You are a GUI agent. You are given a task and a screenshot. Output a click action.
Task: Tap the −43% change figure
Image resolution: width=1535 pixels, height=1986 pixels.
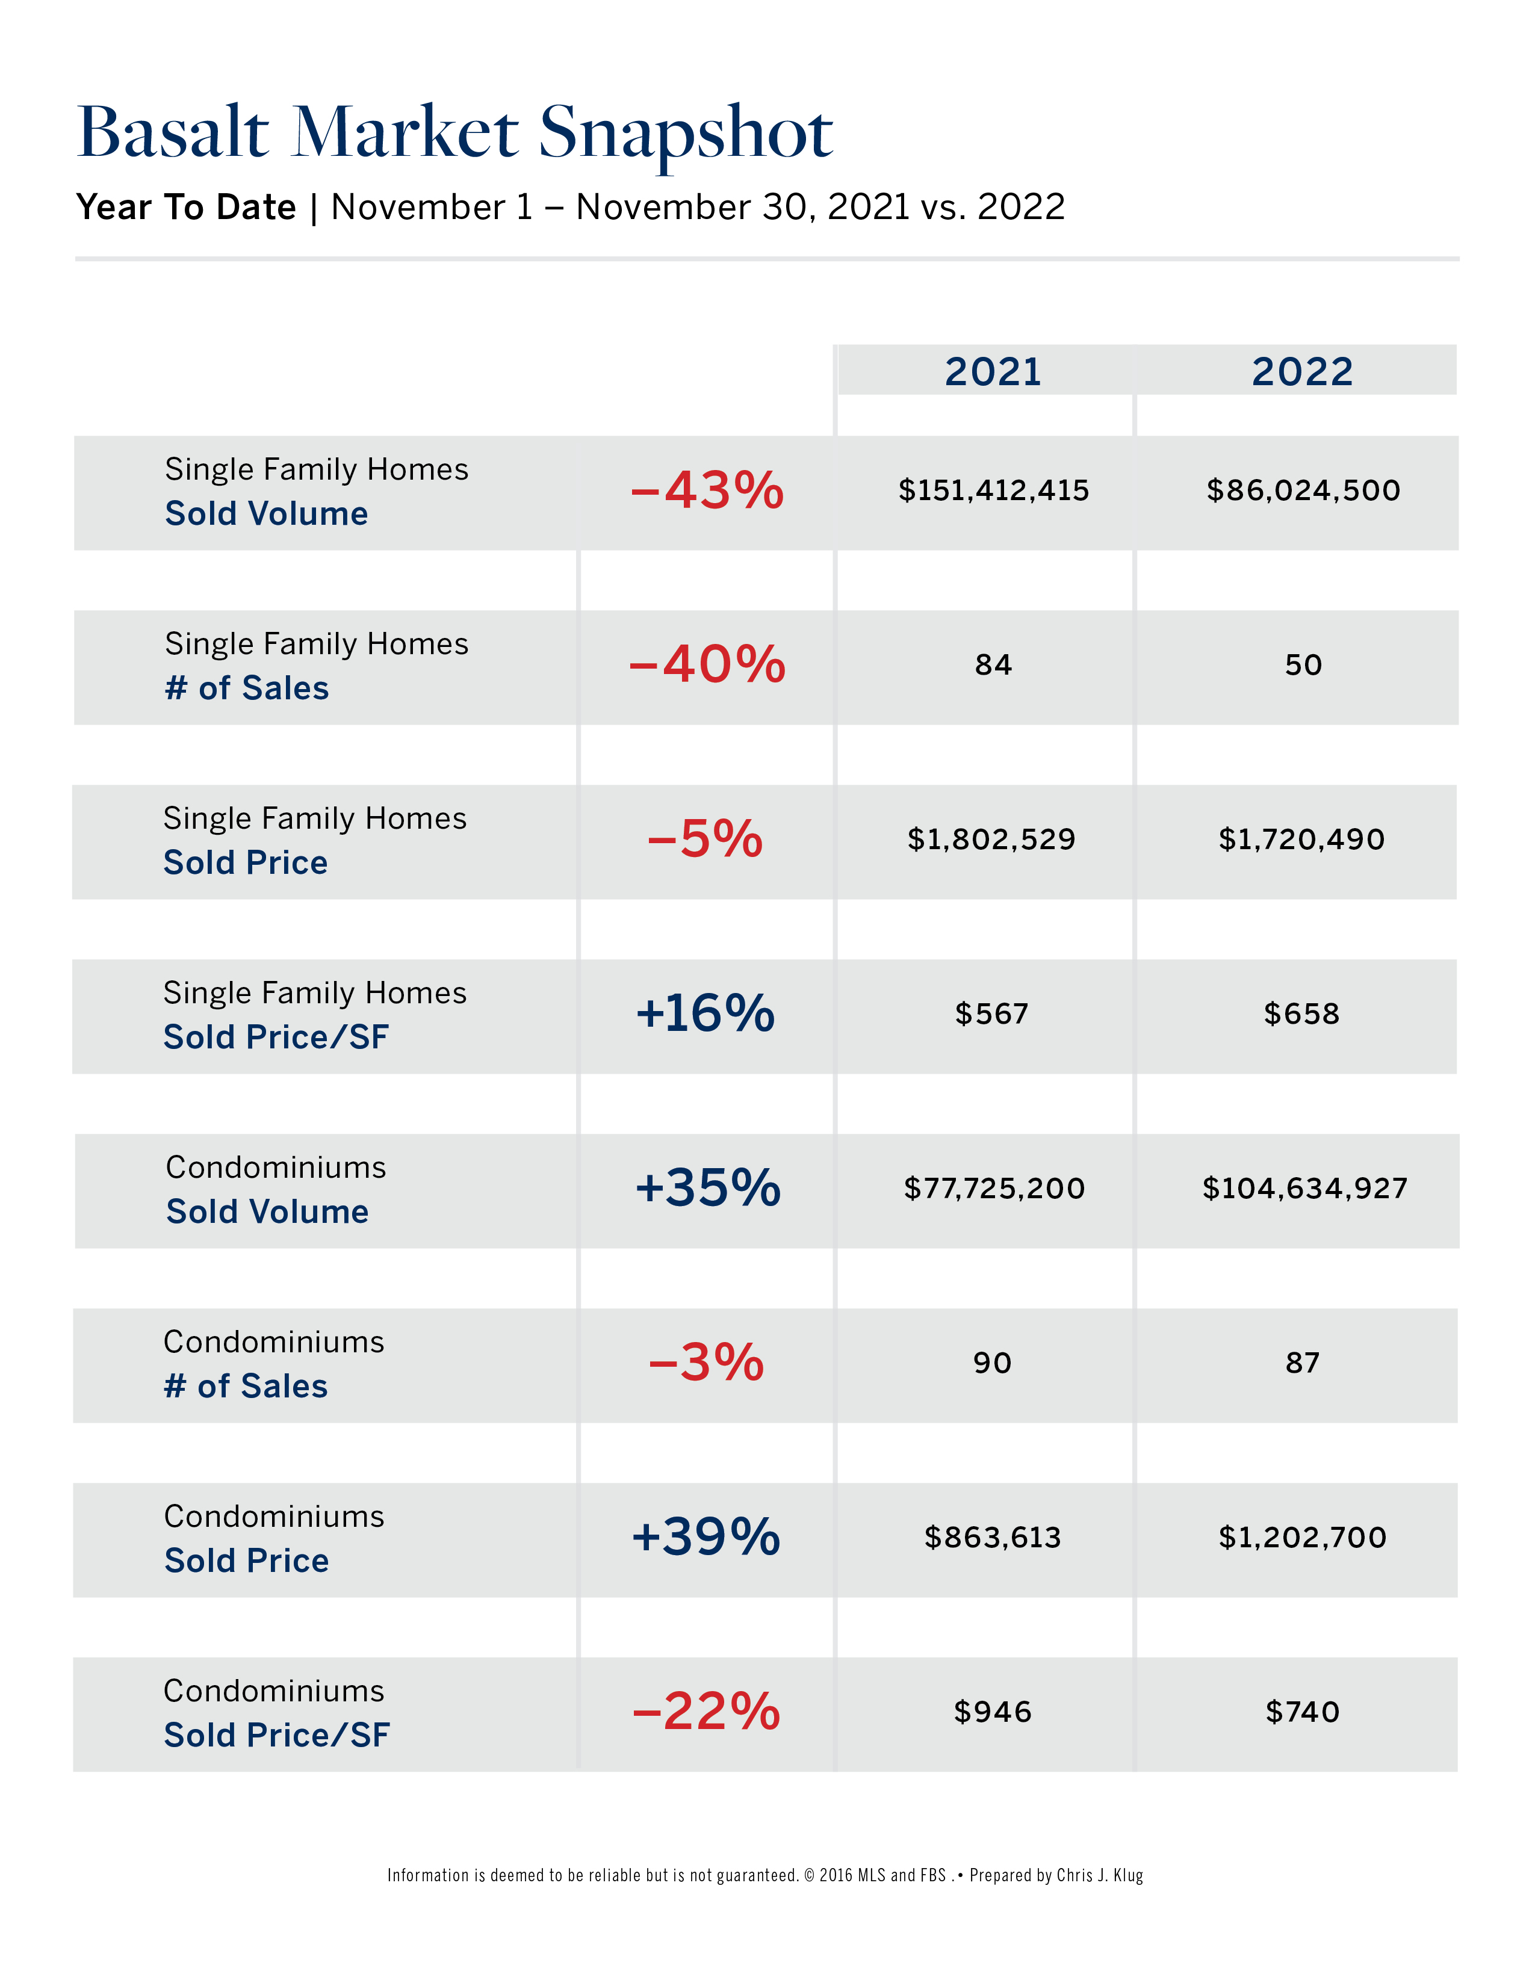click(x=707, y=491)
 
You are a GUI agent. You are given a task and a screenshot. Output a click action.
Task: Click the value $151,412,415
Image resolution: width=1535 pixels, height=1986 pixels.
click(x=993, y=491)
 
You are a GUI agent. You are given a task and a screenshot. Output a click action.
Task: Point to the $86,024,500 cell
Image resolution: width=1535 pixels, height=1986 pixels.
click(x=1302, y=491)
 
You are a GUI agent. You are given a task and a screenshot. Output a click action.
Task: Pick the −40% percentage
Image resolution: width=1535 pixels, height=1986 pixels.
click(x=707, y=665)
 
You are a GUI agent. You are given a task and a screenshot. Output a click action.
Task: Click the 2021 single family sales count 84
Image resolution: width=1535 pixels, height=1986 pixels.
click(x=993, y=665)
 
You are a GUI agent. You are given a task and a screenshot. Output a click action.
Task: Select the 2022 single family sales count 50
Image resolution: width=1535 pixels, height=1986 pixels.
click(x=1302, y=665)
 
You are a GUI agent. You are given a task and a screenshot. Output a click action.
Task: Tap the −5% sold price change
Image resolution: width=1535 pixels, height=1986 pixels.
click(x=705, y=840)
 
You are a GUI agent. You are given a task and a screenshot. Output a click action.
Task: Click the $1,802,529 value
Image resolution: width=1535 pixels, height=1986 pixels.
click(x=991, y=840)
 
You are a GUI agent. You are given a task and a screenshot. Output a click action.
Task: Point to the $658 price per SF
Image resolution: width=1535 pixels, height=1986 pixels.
click(x=1301, y=1014)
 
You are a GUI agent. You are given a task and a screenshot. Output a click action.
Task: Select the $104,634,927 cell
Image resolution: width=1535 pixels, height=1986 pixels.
click(x=1304, y=1189)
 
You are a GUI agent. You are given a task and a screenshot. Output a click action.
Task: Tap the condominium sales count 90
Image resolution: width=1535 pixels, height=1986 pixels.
click(x=992, y=1363)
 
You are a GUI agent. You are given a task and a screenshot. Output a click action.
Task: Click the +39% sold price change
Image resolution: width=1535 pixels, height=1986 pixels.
click(x=705, y=1537)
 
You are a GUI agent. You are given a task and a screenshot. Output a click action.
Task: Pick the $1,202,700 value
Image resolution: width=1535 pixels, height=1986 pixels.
click(x=1302, y=1538)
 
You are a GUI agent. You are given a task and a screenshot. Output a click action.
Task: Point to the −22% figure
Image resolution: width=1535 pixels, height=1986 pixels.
click(x=705, y=1712)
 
